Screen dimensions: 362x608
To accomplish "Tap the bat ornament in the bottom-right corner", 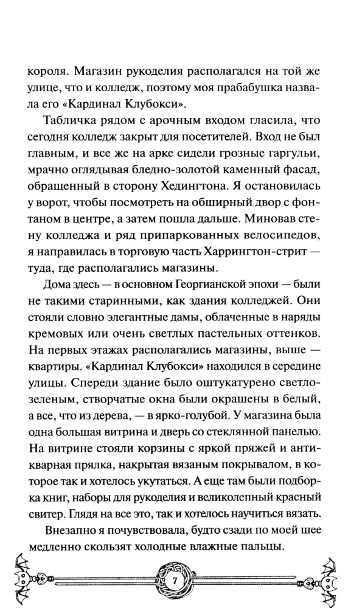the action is point(336,578).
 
